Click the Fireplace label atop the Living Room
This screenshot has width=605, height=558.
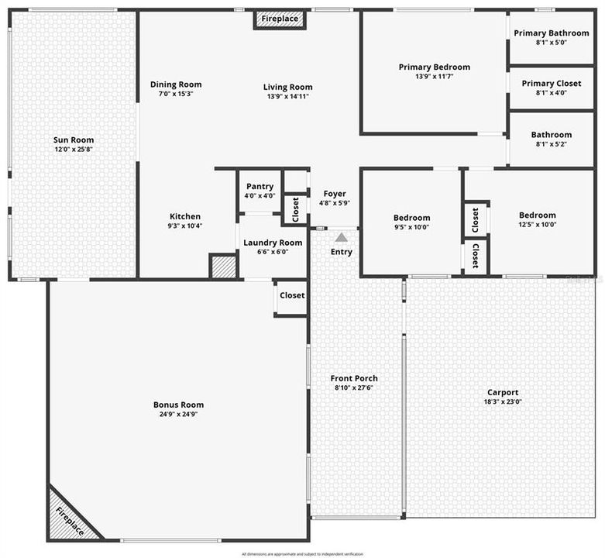coord(280,19)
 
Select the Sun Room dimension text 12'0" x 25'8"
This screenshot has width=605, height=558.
coord(74,150)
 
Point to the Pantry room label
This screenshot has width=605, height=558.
coord(260,187)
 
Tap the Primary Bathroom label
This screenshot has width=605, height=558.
coord(552,33)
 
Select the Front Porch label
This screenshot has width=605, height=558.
coord(356,378)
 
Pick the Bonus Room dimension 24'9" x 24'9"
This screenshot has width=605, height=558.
coord(178,414)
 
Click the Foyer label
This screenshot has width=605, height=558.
coord(335,194)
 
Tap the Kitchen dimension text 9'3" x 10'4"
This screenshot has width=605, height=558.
coord(185,226)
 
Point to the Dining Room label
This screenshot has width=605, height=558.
coord(176,84)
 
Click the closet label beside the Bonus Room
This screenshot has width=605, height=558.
coord(292,295)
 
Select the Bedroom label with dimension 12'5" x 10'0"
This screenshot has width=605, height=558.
coord(537,215)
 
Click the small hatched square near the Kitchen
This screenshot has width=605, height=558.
coord(222,266)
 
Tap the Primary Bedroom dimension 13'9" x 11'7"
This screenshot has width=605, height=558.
coord(434,77)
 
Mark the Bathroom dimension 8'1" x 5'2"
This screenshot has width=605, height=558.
coord(552,144)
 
